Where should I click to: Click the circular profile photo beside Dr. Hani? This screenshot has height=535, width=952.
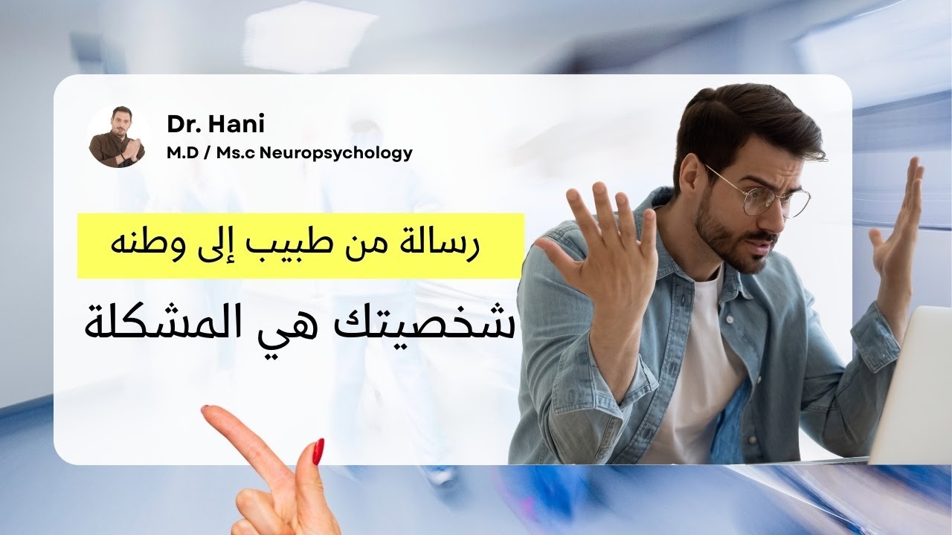[117, 137]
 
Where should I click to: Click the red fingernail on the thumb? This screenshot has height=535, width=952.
[318, 451]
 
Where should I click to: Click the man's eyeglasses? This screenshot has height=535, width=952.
[759, 192]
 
